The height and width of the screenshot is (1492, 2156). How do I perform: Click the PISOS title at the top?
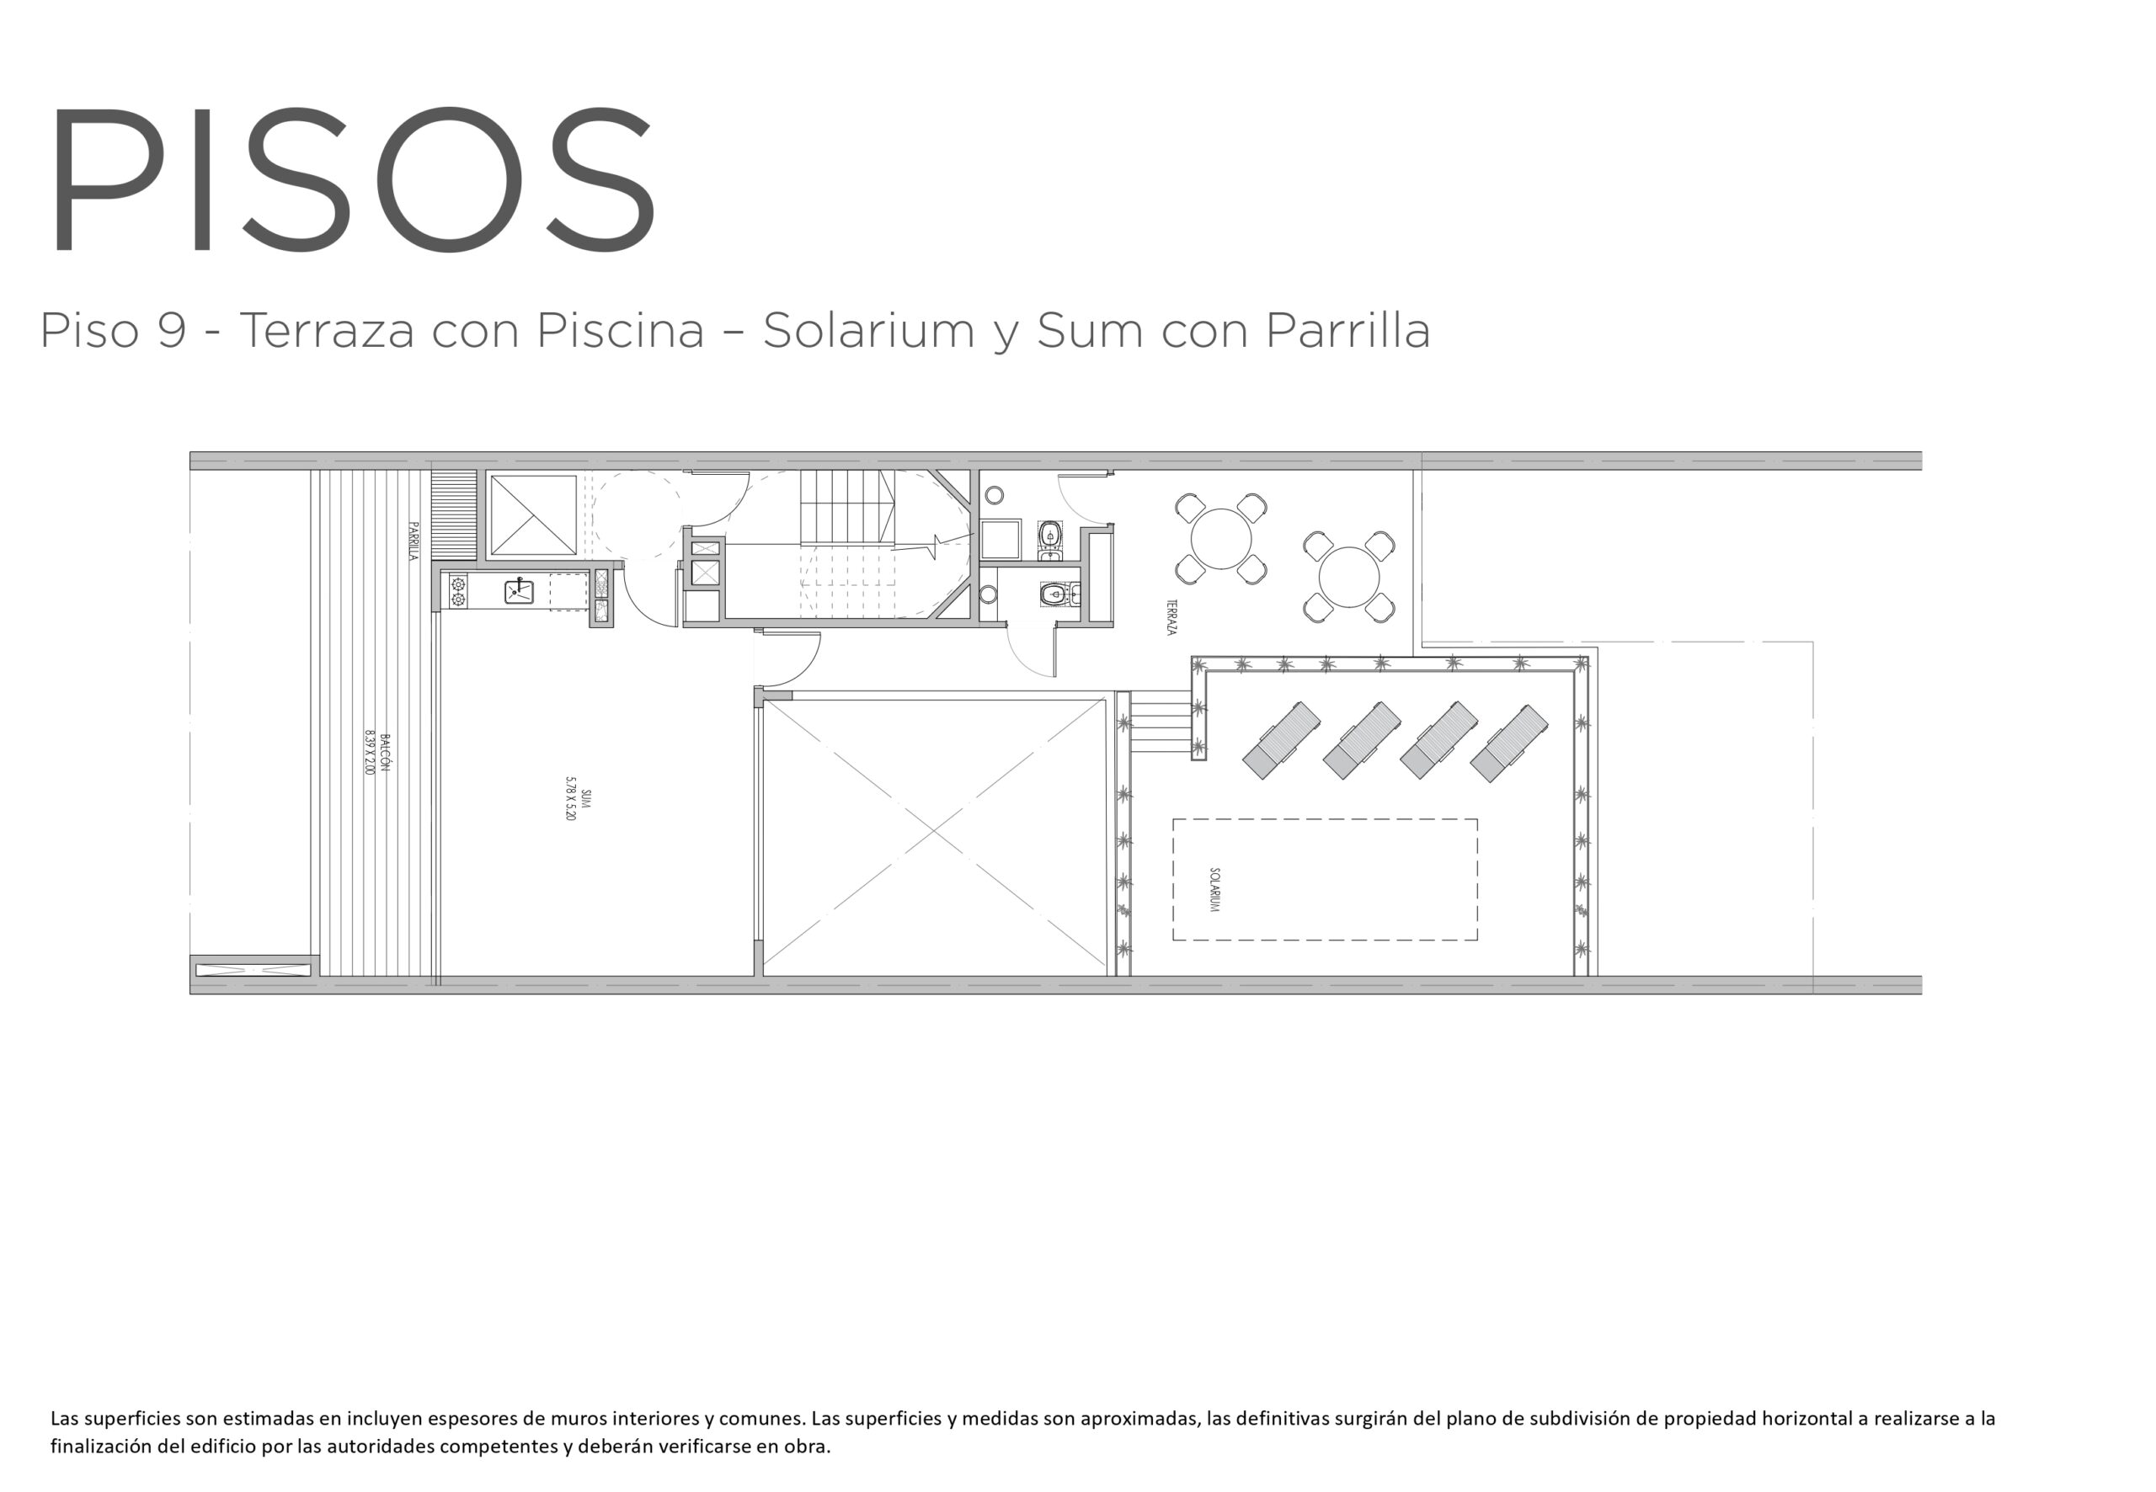click(x=353, y=178)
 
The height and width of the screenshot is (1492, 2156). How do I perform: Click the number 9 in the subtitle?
click(x=171, y=330)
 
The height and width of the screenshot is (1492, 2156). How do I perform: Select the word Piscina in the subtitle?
click(x=620, y=330)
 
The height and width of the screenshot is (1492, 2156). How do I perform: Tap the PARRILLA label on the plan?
click(x=413, y=541)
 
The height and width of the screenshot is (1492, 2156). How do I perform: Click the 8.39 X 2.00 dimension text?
click(x=370, y=753)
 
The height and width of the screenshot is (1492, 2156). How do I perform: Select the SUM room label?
click(x=585, y=798)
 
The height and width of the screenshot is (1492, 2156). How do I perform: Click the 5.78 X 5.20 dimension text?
click(x=570, y=798)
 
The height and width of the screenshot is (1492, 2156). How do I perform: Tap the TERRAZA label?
click(x=1171, y=617)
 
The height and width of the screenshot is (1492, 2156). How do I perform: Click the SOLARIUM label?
click(x=1214, y=889)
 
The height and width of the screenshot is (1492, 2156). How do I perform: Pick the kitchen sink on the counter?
click(x=519, y=591)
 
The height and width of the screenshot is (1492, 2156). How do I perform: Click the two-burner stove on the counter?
click(x=458, y=592)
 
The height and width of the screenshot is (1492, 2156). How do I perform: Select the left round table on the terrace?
click(x=1220, y=540)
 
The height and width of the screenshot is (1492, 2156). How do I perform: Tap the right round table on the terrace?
click(x=1348, y=577)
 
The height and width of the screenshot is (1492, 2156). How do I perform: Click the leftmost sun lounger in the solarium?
click(x=1281, y=740)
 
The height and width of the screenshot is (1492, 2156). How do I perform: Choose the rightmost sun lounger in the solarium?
click(x=1509, y=743)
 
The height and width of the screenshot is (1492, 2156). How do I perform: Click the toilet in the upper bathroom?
click(x=1050, y=535)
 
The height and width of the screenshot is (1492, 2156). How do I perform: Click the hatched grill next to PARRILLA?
click(x=453, y=515)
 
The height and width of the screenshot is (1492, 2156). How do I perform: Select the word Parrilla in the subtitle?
click(x=1348, y=330)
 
